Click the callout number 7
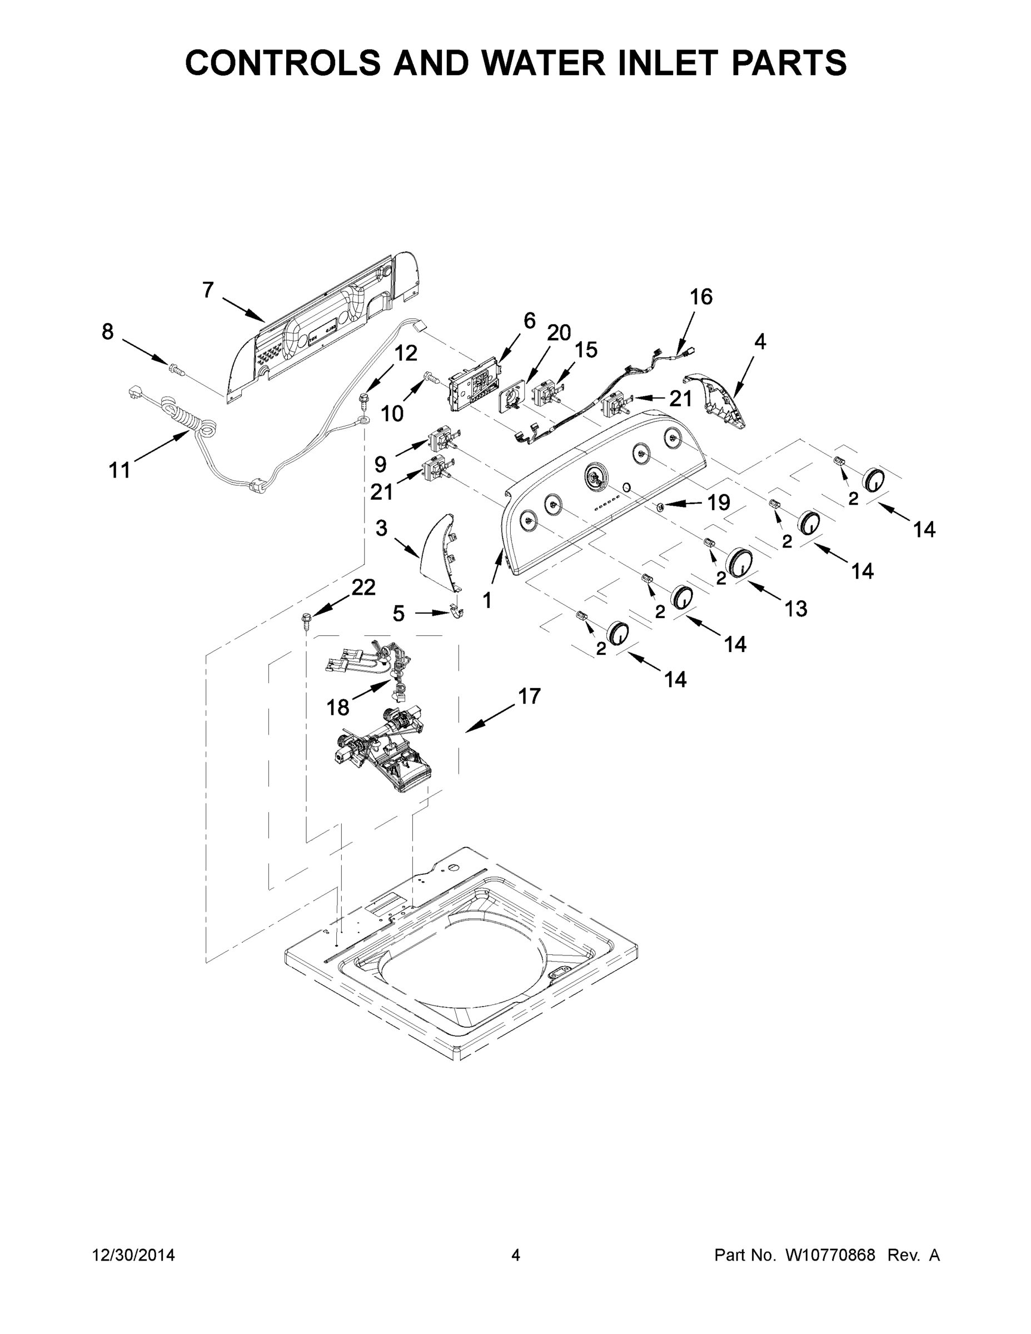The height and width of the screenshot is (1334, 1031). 208,290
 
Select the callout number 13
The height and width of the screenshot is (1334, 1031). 796,609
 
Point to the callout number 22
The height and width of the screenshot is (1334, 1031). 363,588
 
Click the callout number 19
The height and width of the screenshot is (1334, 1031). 718,502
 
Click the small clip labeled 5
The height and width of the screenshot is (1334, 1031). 455,611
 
